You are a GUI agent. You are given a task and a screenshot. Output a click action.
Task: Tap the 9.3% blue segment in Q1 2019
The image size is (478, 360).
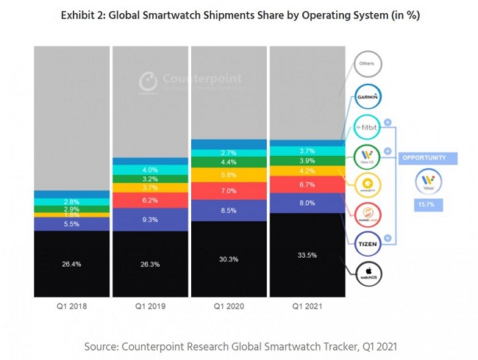coord(149,220)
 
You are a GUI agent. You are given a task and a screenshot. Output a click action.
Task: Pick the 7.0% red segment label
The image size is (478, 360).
coord(228,191)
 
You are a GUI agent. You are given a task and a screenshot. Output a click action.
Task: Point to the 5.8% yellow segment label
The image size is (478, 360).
coord(228,175)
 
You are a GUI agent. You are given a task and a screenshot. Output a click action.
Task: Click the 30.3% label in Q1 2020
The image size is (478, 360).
coord(228,259)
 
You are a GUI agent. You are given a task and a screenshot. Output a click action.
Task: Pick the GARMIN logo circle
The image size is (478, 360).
coord(367,96)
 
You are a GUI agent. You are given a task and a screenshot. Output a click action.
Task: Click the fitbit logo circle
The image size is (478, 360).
coord(367,126)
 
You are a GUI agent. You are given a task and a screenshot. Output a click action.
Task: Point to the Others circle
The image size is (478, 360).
coord(367,65)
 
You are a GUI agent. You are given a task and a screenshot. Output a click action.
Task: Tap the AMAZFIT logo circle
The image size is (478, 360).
coord(367,185)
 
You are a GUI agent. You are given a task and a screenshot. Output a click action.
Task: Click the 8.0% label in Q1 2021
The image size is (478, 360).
coord(307,203)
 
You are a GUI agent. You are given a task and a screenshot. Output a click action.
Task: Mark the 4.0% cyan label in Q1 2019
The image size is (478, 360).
coord(149,170)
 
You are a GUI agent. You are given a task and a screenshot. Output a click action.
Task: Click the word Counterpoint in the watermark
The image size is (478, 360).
coord(199,79)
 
